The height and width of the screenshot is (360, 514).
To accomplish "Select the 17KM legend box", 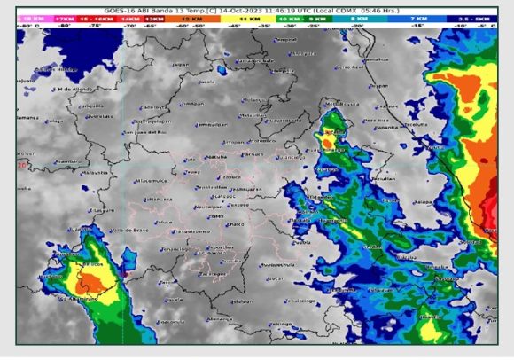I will tap(65, 18).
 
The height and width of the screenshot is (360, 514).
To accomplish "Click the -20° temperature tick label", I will tap(356, 27).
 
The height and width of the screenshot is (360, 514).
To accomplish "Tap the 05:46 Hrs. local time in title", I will tap(384, 9).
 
